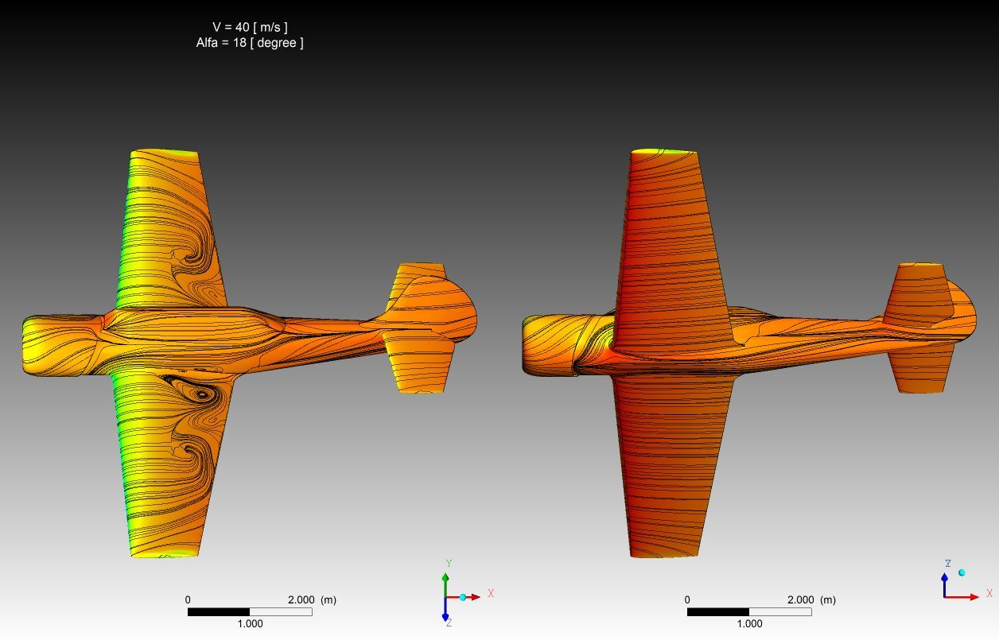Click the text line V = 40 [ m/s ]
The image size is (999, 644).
[x=250, y=27]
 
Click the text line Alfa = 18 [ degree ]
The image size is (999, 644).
[x=250, y=43]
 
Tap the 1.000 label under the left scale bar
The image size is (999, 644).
[x=250, y=623]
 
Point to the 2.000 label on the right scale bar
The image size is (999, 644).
[x=800, y=600]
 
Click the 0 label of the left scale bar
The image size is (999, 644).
[x=188, y=600]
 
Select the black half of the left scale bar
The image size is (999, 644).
[x=219, y=612]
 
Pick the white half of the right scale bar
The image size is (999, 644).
[x=780, y=612]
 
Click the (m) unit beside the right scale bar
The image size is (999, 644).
[x=828, y=600]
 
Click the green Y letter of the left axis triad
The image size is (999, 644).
[x=449, y=564]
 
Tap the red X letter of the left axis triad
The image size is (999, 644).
[x=491, y=593]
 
